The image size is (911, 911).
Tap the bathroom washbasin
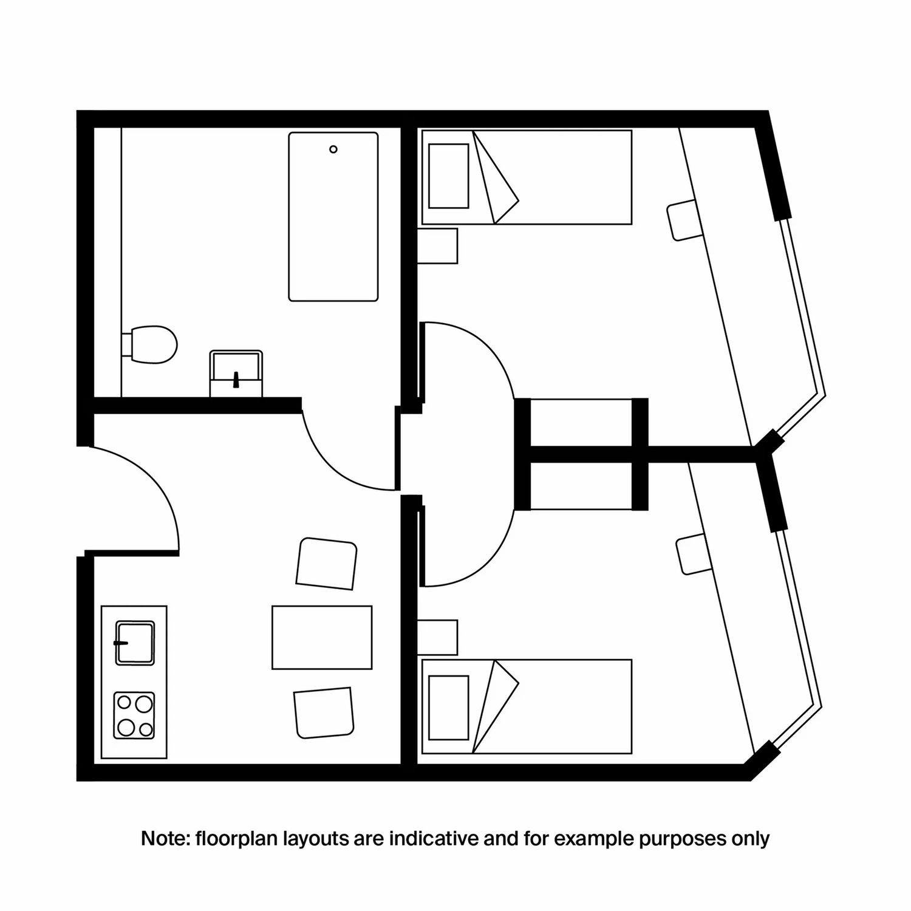pos(236,374)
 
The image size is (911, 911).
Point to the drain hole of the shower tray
pos(333,149)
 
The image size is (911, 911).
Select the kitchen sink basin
pos(135,643)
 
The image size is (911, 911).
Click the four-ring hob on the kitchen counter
pos(134,715)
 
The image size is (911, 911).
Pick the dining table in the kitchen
pos(322,637)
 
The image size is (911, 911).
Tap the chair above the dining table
pos(326,563)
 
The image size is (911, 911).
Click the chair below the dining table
pos(323,712)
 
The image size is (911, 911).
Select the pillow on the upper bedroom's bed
pos(449,176)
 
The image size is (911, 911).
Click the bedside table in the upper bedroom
pos(438,246)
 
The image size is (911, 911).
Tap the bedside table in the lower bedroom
pos(438,638)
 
